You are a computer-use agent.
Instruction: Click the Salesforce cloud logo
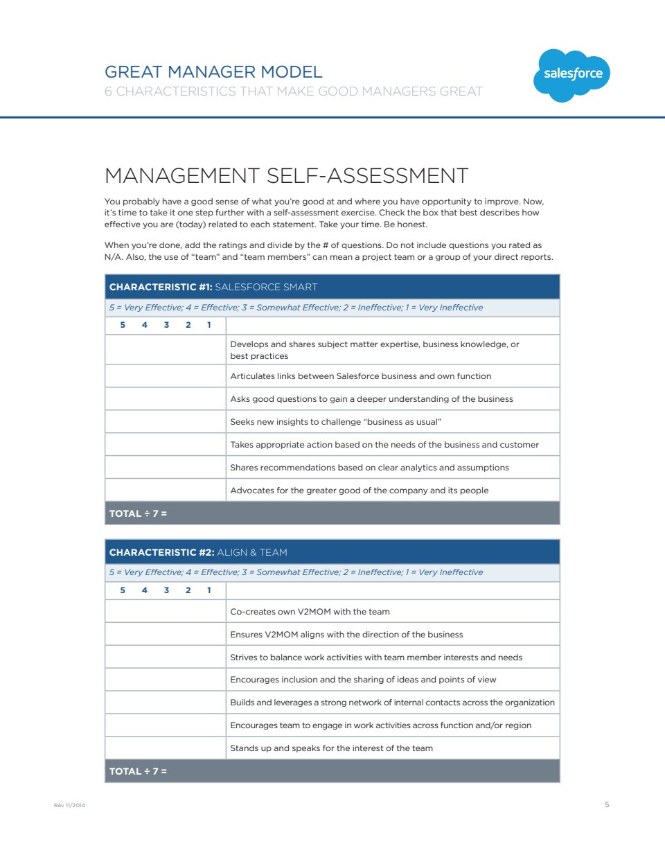coord(571,74)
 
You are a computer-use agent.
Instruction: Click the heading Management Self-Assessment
coord(286,176)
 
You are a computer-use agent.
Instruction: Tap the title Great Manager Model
coord(213,72)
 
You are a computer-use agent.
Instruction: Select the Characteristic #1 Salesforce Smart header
coord(213,287)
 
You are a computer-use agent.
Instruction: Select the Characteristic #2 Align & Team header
coord(198,552)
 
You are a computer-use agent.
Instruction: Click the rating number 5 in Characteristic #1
coord(123,325)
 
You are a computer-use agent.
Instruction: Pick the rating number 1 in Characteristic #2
coord(209,590)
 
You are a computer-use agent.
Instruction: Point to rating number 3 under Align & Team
coord(166,590)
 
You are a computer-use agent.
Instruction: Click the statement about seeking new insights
coord(335,422)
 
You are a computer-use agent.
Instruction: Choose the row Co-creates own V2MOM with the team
coord(310,612)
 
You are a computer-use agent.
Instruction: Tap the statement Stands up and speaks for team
coord(331,748)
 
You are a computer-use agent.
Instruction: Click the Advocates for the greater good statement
coord(359,491)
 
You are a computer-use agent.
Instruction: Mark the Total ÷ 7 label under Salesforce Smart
coord(138,513)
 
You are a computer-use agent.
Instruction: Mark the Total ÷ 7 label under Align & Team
coord(138,771)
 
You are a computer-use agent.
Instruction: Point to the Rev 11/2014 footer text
coord(69,805)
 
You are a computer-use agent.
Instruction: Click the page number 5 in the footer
coord(607,804)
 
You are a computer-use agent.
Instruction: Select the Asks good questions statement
coord(371,399)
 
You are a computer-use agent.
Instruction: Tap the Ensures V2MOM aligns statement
coord(346,635)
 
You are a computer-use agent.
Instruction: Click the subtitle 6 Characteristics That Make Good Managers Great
coord(293,91)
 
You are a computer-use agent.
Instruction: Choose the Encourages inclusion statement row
coord(363,680)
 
